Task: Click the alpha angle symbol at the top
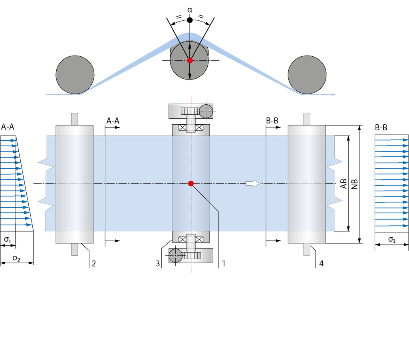tap(190, 10)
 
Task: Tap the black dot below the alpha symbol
tap(190, 20)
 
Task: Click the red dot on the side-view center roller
tap(190, 60)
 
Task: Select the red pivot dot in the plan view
tap(191, 184)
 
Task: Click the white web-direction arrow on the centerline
tap(253, 183)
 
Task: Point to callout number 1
tap(224, 263)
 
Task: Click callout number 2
tap(94, 263)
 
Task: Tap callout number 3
tap(157, 263)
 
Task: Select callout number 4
tap(322, 263)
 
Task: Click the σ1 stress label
tap(7, 239)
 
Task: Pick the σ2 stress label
tap(16, 258)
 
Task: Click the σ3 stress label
tap(392, 239)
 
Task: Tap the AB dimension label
tap(343, 184)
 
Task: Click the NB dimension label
tap(355, 184)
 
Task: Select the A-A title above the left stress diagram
tap(8, 127)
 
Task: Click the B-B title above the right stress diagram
tap(381, 127)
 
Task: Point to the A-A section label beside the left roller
tap(113, 121)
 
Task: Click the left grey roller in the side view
tap(75, 75)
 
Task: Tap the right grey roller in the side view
tap(307, 75)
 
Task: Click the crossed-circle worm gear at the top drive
tap(206, 111)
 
